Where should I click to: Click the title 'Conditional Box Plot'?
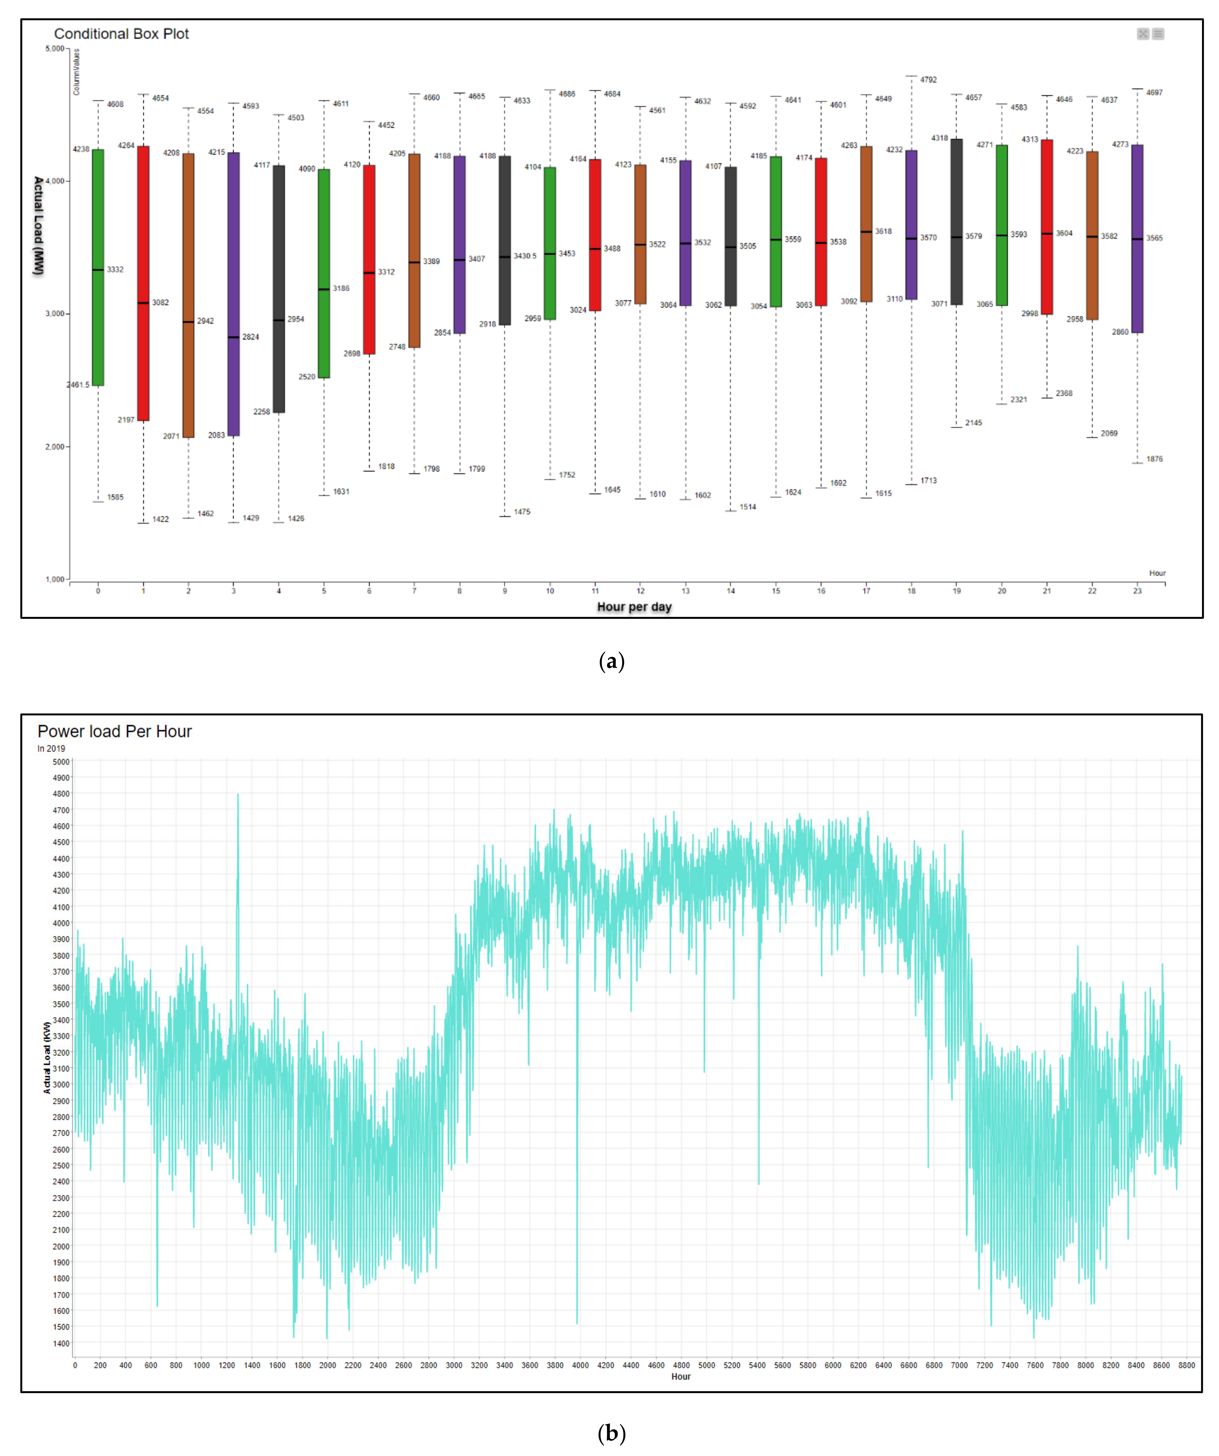[x=121, y=34]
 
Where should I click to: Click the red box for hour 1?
[x=143, y=283]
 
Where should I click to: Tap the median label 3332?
[x=115, y=270]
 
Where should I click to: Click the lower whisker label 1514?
[x=747, y=507]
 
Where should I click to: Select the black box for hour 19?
[x=956, y=222]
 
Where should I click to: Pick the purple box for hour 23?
[x=1137, y=239]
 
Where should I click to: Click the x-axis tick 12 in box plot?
[x=640, y=591]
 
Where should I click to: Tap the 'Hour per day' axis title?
[x=634, y=607]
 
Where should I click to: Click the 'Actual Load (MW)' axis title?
[x=39, y=225]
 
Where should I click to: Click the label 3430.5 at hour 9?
[x=525, y=256]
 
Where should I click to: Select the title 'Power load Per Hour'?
[x=114, y=731]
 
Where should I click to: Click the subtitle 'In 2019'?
[x=51, y=749]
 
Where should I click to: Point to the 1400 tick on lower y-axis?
[x=61, y=1343]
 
